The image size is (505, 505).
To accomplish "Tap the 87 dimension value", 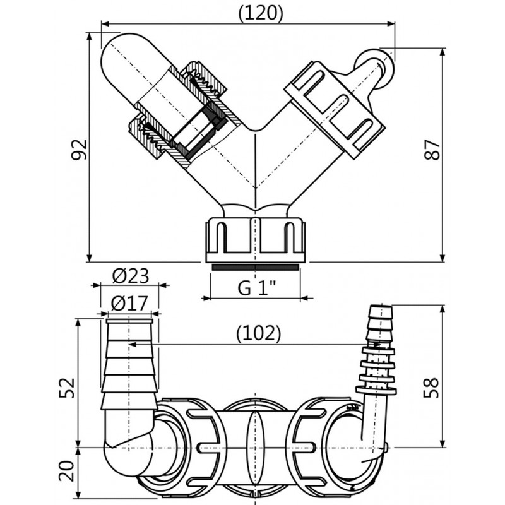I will pos(432,149).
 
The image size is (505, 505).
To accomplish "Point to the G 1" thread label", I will pos(258,288).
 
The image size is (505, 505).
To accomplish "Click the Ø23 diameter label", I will pos(130,276).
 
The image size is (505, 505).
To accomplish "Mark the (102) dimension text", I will pos(259,333).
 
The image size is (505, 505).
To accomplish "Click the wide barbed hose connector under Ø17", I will pos(129,366).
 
